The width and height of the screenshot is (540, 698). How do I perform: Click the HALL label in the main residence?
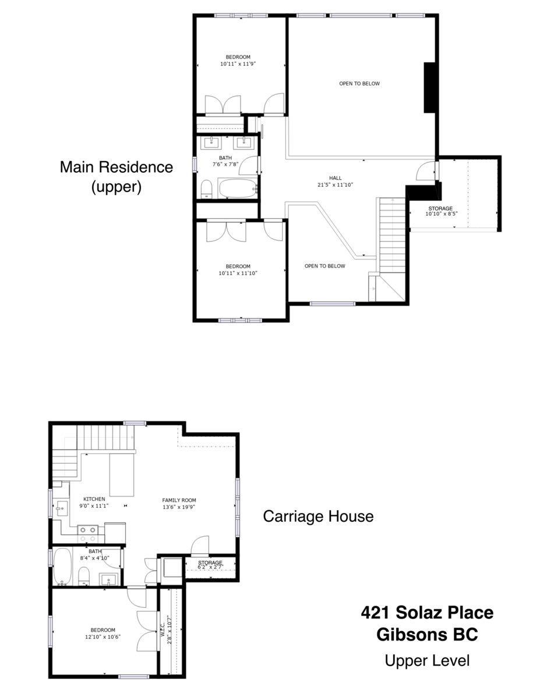point(335,178)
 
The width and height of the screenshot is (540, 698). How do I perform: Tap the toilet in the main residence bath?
point(206,189)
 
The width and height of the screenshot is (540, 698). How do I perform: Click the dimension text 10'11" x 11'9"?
point(238,64)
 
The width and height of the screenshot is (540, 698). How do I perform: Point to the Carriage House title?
point(318,516)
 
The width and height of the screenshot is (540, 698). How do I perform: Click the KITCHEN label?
point(94,499)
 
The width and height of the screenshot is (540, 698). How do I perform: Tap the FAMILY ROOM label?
point(179,500)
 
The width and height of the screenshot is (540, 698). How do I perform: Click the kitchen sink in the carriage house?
point(62,508)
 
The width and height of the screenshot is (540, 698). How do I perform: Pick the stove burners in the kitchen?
point(88,535)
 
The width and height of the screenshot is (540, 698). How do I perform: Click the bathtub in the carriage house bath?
point(62,567)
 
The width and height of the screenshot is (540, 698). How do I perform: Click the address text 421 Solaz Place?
point(427,612)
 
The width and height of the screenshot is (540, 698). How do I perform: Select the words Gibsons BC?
point(427,635)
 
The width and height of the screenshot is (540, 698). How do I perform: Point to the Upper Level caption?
point(427,660)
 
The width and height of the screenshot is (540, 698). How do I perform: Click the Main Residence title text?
point(117,167)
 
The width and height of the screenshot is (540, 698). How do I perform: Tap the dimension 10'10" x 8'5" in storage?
point(442,213)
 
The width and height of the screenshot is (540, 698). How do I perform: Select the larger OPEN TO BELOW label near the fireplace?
point(359,84)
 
